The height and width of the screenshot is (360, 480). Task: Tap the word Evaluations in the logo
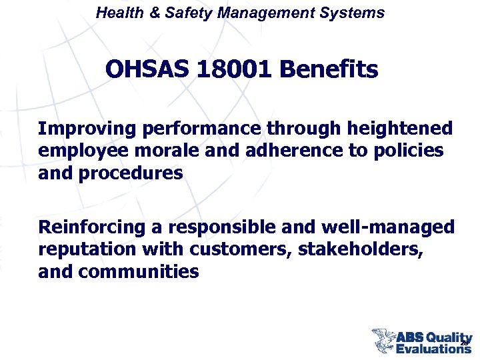tap(433, 347)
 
